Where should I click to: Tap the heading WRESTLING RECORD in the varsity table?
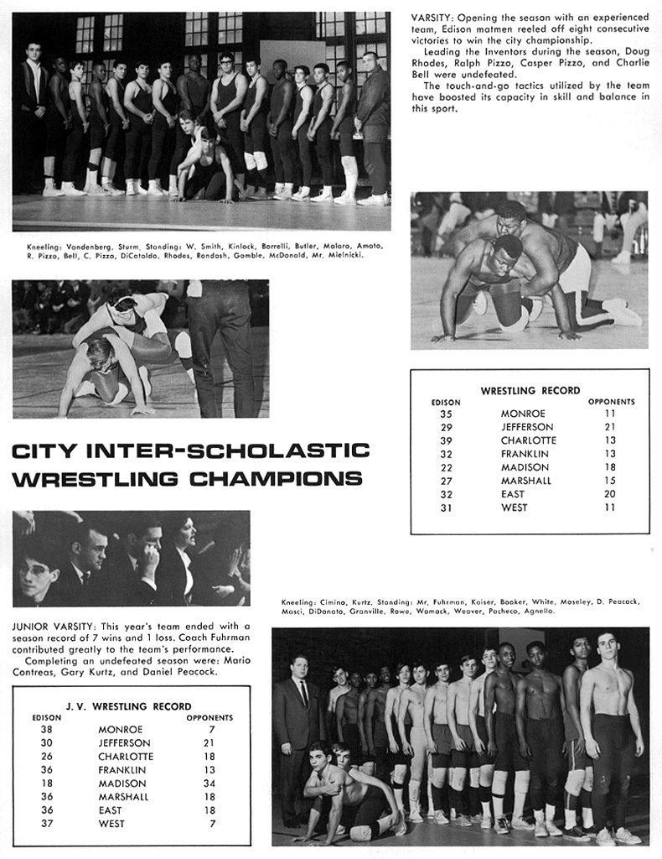530,391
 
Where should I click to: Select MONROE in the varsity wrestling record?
523,414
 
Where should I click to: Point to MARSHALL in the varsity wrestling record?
526,481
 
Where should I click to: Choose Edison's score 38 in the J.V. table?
46,730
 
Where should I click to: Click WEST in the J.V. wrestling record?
111,824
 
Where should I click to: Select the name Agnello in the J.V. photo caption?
538,612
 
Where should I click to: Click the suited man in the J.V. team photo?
297,730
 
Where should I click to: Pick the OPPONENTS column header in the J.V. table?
209,718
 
